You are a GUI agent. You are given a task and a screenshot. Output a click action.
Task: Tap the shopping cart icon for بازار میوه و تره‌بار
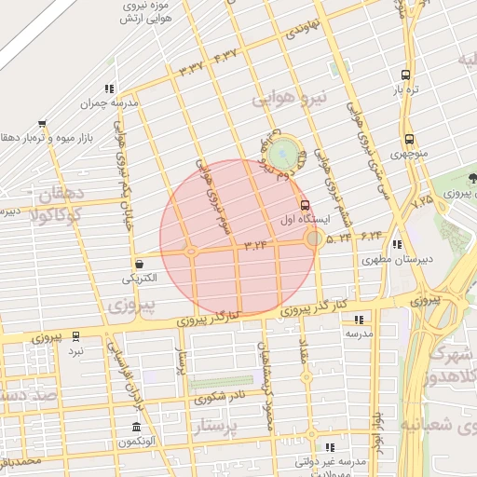(x=43, y=124)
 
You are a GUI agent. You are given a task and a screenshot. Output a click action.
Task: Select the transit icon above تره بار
(x=405, y=75)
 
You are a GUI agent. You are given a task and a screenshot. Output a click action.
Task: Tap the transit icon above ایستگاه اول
(x=305, y=205)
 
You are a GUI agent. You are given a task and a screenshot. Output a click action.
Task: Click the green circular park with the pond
(x=288, y=152)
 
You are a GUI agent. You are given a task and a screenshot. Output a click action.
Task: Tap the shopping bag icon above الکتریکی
(x=139, y=264)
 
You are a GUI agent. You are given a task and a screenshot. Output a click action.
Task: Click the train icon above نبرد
(x=75, y=335)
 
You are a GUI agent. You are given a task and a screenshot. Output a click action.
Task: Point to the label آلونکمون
(x=137, y=442)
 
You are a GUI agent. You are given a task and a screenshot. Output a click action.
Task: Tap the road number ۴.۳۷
(x=225, y=58)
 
